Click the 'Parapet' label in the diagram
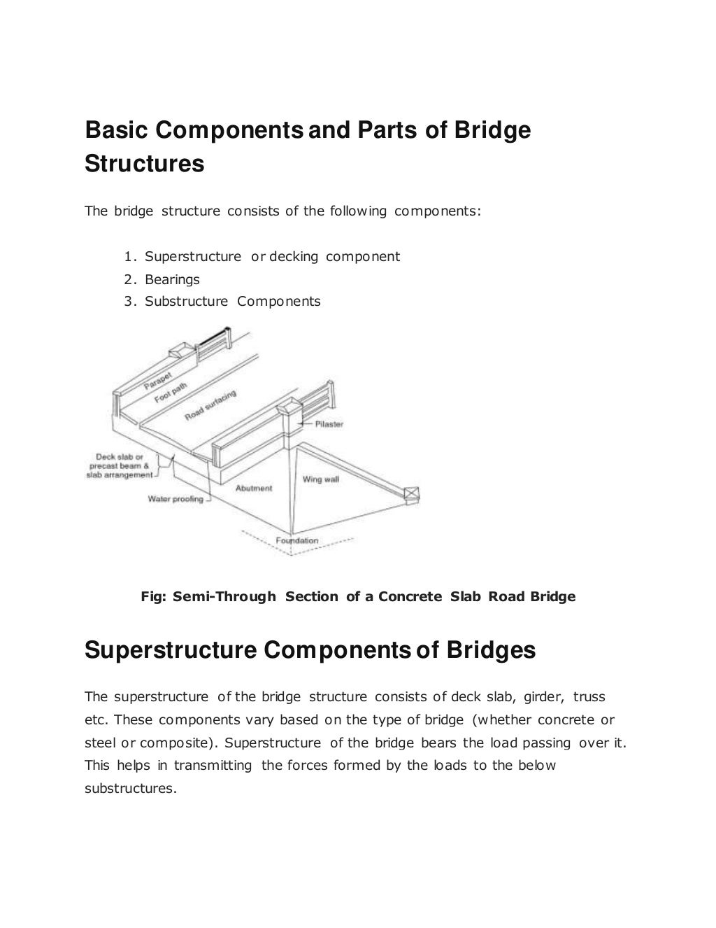pos(159,376)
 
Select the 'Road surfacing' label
pos(210,405)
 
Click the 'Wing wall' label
pos(320,479)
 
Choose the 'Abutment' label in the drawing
pos(254,488)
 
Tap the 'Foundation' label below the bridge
pos(296,540)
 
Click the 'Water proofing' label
pos(176,499)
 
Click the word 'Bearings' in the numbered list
pos(172,279)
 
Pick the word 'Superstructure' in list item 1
pos(192,256)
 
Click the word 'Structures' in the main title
pos(144,164)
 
